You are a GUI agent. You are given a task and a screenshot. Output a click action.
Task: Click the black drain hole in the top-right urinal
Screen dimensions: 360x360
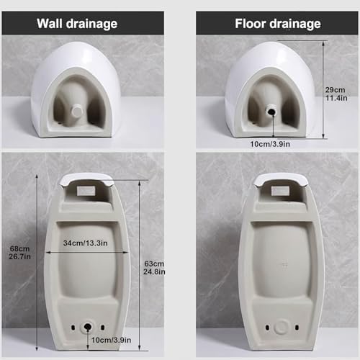click(272, 110)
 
